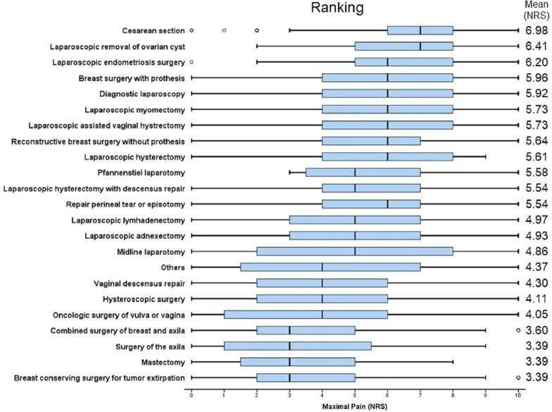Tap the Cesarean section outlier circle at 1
pyautogui.click(x=224, y=30)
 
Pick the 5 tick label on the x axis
pyautogui.click(x=355, y=396)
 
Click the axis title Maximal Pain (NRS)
pyautogui.click(x=355, y=406)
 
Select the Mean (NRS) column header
pyautogui.click(x=537, y=10)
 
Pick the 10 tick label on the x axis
pyautogui.click(x=518, y=396)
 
